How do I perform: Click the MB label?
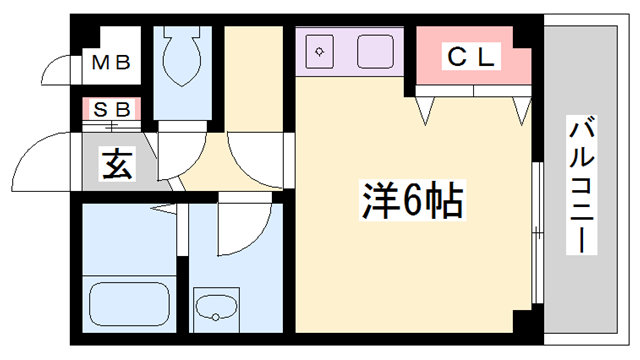pyautogui.click(x=111, y=63)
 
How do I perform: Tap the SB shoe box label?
pyautogui.click(x=111, y=107)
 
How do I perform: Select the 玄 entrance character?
pyautogui.click(x=116, y=164)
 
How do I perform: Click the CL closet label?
pyautogui.click(x=469, y=58)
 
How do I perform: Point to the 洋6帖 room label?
pyautogui.click(x=409, y=203)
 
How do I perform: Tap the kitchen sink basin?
pyautogui.click(x=377, y=50)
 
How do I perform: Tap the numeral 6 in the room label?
pyautogui.click(x=409, y=203)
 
